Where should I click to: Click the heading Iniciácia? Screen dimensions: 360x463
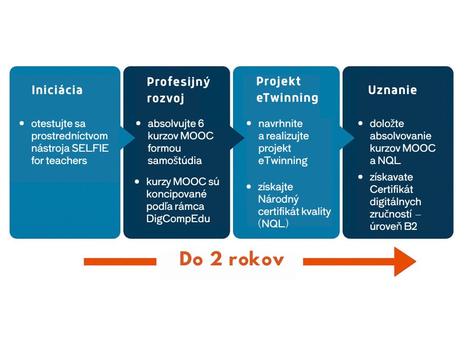(x=57, y=90)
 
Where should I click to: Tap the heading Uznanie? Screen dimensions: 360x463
(x=393, y=90)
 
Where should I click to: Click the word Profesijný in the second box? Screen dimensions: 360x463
(x=179, y=82)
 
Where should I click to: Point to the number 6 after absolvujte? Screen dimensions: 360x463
(x=201, y=124)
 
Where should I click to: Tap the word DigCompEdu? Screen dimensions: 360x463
(x=172, y=219)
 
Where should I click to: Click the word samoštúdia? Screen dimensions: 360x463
(x=174, y=160)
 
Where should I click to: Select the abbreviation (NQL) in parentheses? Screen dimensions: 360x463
(x=273, y=224)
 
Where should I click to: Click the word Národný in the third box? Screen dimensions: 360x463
(x=278, y=199)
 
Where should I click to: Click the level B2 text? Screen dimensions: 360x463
(x=411, y=226)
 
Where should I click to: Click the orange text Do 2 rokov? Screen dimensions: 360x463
(x=232, y=260)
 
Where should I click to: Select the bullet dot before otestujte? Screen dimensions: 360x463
(x=22, y=123)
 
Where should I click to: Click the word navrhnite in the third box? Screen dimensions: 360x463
(x=280, y=123)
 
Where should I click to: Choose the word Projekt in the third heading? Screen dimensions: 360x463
(x=278, y=81)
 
